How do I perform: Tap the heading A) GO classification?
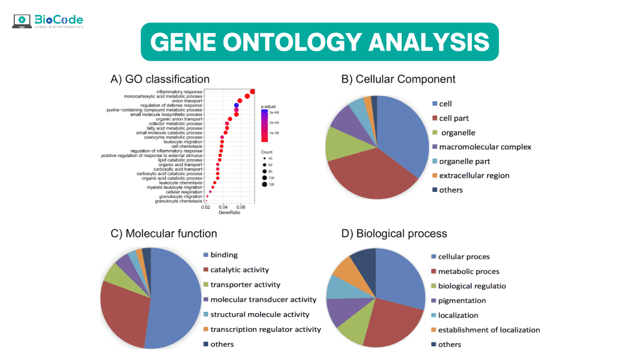[x=159, y=79]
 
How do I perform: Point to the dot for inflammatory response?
[x=252, y=92]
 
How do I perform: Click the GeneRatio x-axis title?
[x=228, y=214]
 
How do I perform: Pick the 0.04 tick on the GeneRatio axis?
[x=223, y=207]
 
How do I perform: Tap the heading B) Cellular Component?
[x=398, y=79]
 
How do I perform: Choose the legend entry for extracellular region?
[x=474, y=176]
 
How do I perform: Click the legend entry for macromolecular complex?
[x=484, y=147]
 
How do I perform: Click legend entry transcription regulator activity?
[x=265, y=329]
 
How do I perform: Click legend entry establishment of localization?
[x=488, y=330]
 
